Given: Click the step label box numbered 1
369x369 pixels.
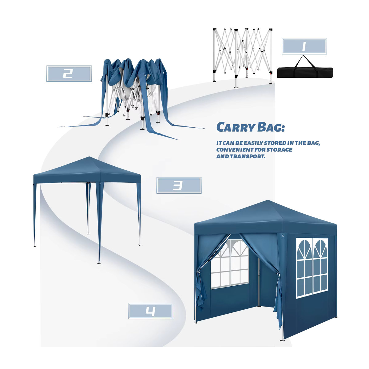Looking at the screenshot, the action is coord(304,46).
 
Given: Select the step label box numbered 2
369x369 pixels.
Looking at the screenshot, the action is coord(69,73).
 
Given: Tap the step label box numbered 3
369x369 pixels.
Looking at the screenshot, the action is coord(179,185).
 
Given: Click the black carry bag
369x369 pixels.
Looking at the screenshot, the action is coord(305,72).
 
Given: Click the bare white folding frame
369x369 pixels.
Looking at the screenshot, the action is coord(243,58).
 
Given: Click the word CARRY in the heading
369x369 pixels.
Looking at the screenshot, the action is coord(236,127).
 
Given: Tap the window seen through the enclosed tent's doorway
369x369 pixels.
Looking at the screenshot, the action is coord(230,264).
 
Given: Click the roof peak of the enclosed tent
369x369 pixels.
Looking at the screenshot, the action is coord(268,200).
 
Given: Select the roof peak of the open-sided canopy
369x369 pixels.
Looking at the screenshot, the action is coord(89,157).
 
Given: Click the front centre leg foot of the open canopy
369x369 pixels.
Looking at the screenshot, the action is coord(99,263).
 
